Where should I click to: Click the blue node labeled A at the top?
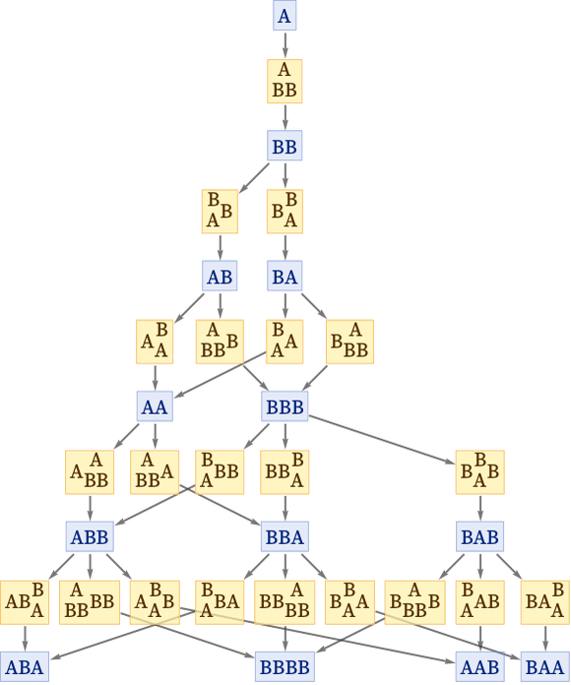(285, 16)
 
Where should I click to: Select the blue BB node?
(285, 146)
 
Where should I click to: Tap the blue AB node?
(220, 277)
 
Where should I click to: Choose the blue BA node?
(285, 277)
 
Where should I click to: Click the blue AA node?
(155, 406)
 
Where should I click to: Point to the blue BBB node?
(285, 406)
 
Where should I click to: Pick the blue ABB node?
(90, 536)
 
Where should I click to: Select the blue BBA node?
(285, 536)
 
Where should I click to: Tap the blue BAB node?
(480, 536)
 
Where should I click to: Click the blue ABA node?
(25, 667)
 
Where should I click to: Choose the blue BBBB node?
(285, 667)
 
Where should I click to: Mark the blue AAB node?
(480, 667)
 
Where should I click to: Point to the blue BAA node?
(545, 667)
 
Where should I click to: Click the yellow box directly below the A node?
(285, 82)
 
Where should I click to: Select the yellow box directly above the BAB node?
(480, 472)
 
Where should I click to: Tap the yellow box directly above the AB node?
(220, 212)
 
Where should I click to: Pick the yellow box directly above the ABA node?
(25, 602)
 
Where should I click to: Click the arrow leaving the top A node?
(285, 45)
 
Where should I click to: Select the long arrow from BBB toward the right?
(382, 440)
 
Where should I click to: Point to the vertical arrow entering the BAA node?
(545, 639)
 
